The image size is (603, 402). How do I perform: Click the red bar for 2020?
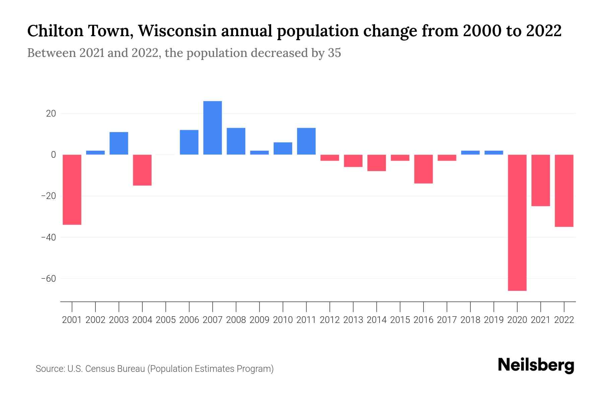click(517, 222)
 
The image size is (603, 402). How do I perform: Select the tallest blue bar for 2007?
click(212, 128)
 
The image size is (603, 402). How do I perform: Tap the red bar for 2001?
click(72, 189)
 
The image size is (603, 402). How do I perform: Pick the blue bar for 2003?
click(119, 143)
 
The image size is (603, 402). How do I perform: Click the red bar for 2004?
click(142, 170)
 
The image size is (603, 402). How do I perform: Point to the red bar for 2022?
click(564, 191)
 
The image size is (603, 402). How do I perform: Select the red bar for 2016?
click(423, 169)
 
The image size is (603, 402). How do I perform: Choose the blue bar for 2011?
click(306, 141)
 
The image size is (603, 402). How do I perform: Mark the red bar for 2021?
click(541, 180)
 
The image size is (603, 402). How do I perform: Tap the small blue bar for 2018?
click(470, 152)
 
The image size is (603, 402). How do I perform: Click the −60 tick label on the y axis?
click(48, 279)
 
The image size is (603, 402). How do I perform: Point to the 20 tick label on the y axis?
click(51, 114)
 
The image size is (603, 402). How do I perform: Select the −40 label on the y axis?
click(48, 237)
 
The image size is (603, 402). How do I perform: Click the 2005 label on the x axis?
click(166, 320)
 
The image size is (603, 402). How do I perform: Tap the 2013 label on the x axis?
click(353, 320)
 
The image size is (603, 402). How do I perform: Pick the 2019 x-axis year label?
click(494, 320)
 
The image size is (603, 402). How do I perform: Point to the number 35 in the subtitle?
click(334, 53)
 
